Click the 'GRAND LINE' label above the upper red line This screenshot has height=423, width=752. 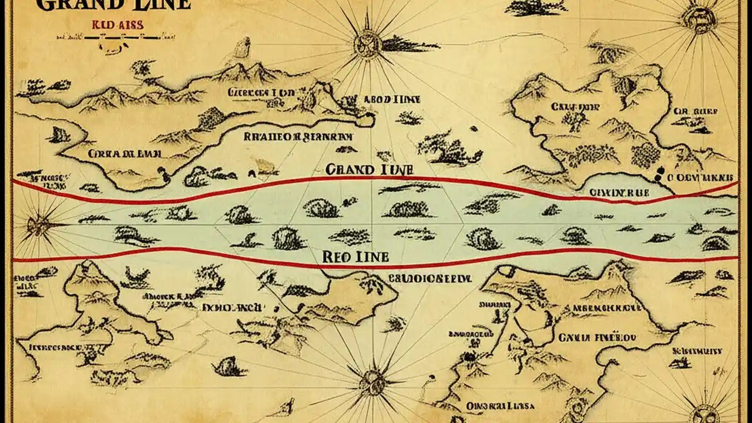(369, 169)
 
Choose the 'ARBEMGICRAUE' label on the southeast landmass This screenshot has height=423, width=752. (607, 307)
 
